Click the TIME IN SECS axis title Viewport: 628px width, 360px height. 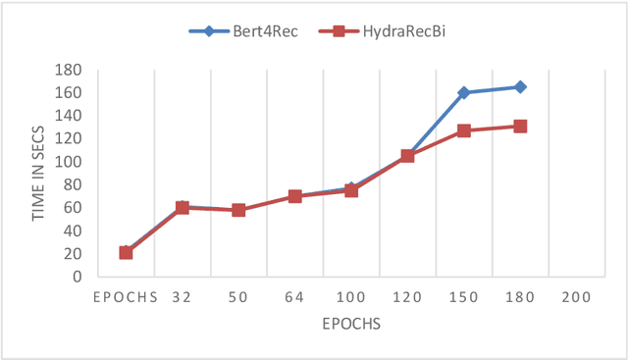(39, 173)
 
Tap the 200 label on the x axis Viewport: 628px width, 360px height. (576, 297)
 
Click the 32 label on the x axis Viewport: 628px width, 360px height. (182, 297)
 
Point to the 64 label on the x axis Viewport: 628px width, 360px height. (294, 297)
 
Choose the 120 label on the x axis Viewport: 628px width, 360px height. (407, 297)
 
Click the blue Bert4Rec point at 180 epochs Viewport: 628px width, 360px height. (520, 87)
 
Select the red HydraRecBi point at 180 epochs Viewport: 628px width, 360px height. (520, 127)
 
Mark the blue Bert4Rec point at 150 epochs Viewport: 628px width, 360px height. (463, 93)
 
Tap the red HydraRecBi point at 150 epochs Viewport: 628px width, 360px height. (463, 130)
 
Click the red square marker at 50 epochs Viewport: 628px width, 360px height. (238, 210)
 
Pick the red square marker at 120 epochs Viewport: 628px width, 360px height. (407, 156)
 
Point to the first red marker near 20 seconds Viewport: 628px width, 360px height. (126, 252)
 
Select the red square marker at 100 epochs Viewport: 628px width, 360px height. (350, 190)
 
